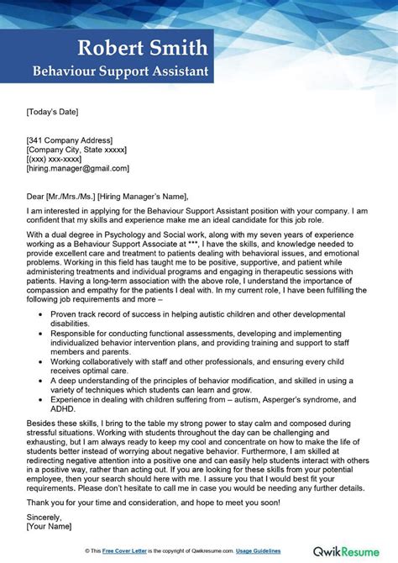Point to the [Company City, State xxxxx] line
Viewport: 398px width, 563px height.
click(x=76, y=150)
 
